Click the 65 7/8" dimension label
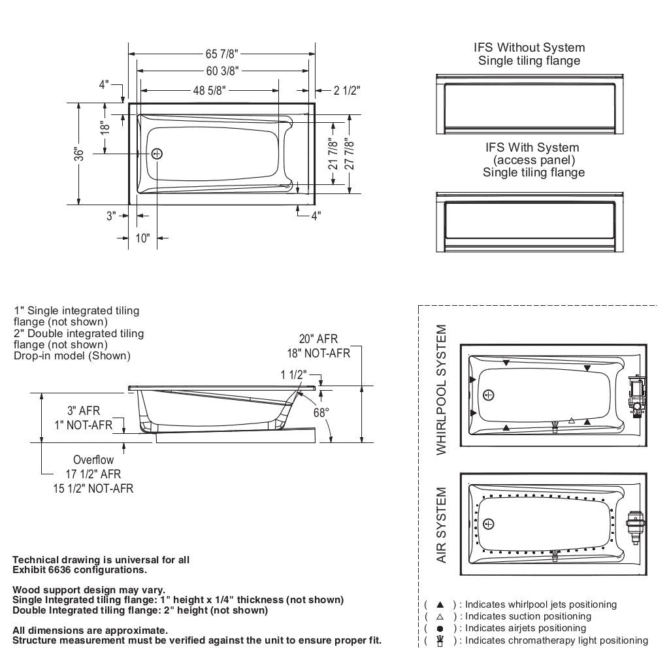[x=222, y=54]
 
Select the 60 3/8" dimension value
[x=222, y=71]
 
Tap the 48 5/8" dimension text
[x=208, y=91]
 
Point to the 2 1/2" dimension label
[x=346, y=91]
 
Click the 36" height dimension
[x=79, y=154]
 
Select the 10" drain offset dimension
[x=142, y=238]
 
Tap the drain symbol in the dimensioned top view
[x=157, y=154]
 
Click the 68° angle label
[x=321, y=412]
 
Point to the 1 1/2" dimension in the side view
[x=293, y=374]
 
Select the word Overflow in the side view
[x=93, y=460]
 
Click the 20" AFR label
[x=319, y=339]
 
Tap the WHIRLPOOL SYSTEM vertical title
[x=442, y=390]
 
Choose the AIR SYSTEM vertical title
[x=442, y=525]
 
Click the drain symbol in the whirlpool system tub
[x=489, y=394]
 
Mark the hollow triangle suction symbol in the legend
[x=440, y=616]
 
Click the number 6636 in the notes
[x=62, y=569]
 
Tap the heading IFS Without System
[x=529, y=48]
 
